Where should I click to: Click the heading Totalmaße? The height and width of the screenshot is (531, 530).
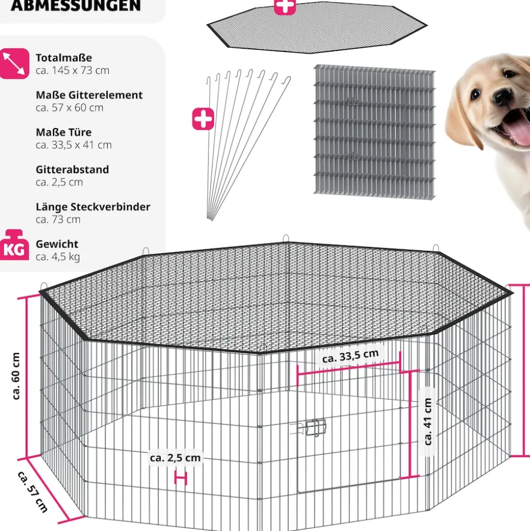pyautogui.click(x=63, y=57)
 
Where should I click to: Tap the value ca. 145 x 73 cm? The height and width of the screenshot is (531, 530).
pyautogui.click(x=73, y=71)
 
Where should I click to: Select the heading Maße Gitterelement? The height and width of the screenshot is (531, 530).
pyautogui.click(x=90, y=95)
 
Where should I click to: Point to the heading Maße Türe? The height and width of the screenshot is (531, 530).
pyautogui.click(x=63, y=132)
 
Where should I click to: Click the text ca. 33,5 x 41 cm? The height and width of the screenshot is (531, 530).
pyautogui.click(x=73, y=145)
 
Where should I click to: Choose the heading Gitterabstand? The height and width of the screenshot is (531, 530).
pyautogui.click(x=73, y=170)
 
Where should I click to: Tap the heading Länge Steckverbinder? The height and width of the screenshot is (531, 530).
pyautogui.click(x=93, y=207)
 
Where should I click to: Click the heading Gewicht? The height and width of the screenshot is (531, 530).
pyautogui.click(x=57, y=244)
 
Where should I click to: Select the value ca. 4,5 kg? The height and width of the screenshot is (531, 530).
pyautogui.click(x=58, y=256)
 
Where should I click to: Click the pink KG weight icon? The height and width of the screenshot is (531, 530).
pyautogui.click(x=14, y=245)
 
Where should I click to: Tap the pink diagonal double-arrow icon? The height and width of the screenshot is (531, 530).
pyautogui.click(x=14, y=63)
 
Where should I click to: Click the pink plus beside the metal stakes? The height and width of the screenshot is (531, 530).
pyautogui.click(x=203, y=119)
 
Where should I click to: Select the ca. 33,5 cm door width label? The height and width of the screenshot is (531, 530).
pyautogui.click(x=350, y=357)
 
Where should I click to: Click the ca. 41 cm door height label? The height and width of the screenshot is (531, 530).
pyautogui.click(x=428, y=422)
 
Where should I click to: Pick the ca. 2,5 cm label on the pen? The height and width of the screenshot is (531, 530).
pyautogui.click(x=175, y=458)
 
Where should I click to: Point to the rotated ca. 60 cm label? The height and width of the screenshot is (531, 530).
pyautogui.click(x=16, y=376)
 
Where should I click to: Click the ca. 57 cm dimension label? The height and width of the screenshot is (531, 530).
pyautogui.click(x=32, y=492)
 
